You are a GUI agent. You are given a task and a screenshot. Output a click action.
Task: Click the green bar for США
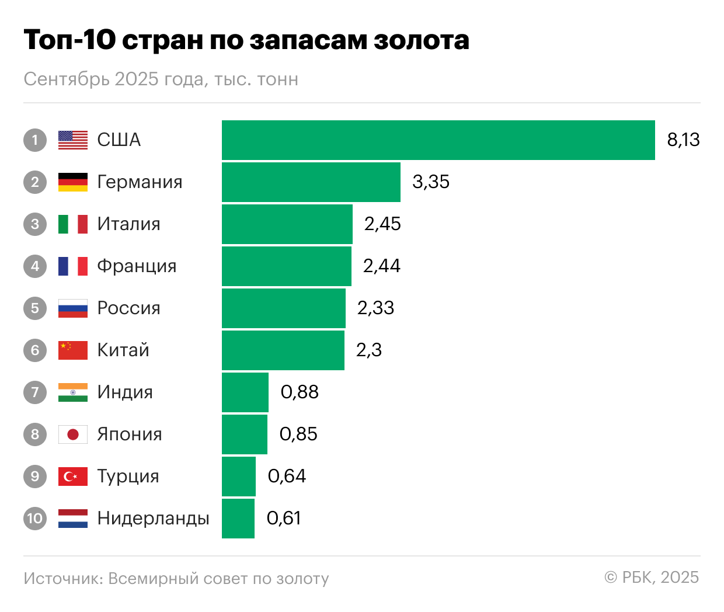pyautogui.click(x=438, y=140)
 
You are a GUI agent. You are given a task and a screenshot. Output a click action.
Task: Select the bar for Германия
pyautogui.click(x=311, y=182)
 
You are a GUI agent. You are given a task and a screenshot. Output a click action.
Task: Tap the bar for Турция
pyautogui.click(x=239, y=477)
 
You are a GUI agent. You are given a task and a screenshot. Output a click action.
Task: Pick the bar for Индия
pyautogui.click(x=245, y=392)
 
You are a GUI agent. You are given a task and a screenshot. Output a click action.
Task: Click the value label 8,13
pyautogui.click(x=683, y=140)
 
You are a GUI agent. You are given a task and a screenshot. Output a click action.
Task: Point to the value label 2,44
pyautogui.click(x=382, y=266)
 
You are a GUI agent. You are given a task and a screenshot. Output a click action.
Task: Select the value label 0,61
pyautogui.click(x=284, y=519)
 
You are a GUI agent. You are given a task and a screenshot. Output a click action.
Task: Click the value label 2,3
pyautogui.click(x=369, y=350)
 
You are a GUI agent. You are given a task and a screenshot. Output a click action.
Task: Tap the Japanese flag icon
pyautogui.click(x=73, y=434)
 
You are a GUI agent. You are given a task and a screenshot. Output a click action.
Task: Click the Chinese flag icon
pyautogui.click(x=73, y=350)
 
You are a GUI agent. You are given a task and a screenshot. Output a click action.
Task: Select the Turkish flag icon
pyautogui.click(x=73, y=477)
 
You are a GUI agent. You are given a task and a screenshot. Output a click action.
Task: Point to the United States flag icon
pyautogui.click(x=73, y=140)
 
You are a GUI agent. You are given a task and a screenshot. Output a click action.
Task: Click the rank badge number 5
pyautogui.click(x=35, y=308)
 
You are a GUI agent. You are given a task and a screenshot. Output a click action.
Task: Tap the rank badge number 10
pyautogui.click(x=35, y=519)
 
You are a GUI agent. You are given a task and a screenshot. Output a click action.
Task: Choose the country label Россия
pyautogui.click(x=128, y=308)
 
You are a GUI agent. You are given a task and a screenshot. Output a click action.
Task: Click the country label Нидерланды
pyautogui.click(x=153, y=519)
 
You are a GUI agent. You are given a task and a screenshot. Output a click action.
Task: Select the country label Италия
pyautogui.click(x=128, y=224)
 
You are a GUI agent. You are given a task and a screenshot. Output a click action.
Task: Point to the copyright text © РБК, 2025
pyautogui.click(x=652, y=578)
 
